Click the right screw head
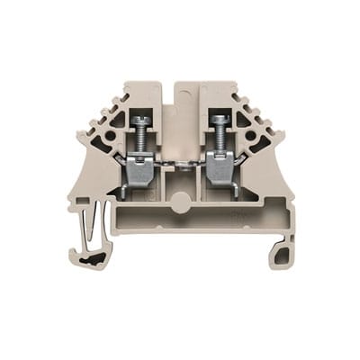pyautogui.click(x=216, y=121)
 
